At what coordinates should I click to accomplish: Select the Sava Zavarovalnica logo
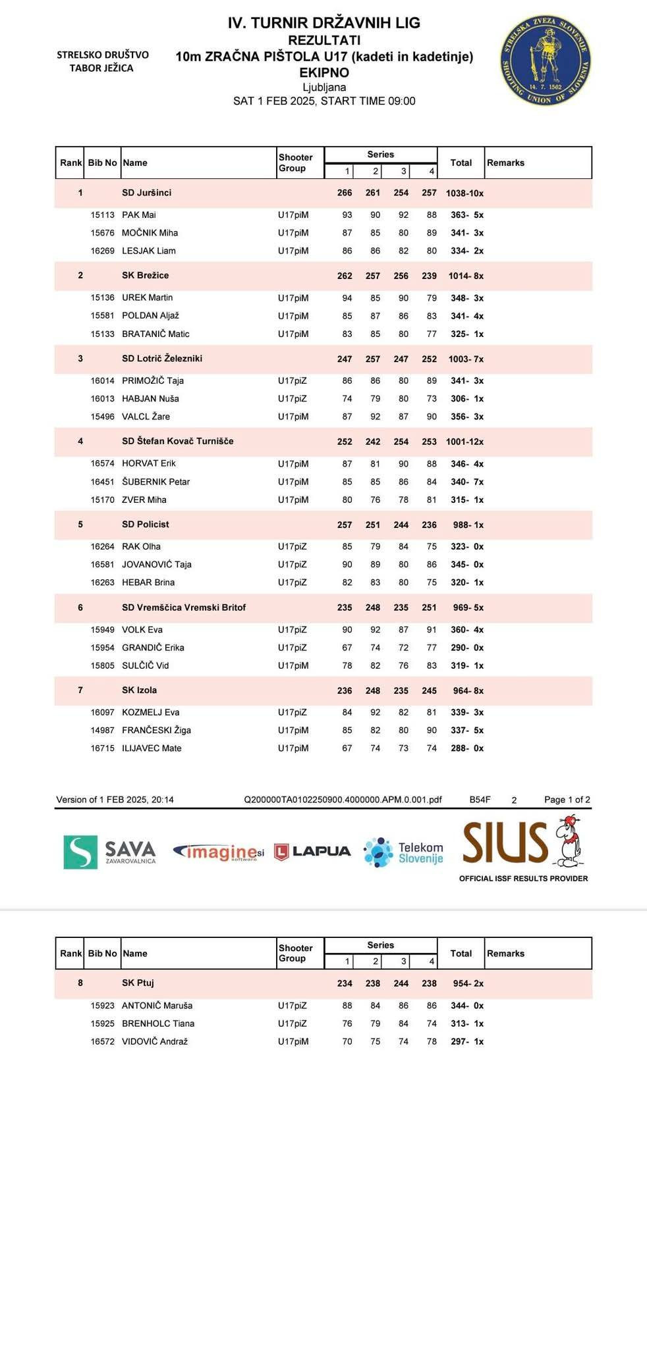[x=110, y=852]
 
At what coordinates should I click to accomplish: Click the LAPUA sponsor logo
[x=312, y=852]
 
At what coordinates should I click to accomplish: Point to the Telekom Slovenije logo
[x=403, y=852]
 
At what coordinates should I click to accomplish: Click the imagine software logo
[x=218, y=852]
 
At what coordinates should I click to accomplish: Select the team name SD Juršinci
[x=146, y=193]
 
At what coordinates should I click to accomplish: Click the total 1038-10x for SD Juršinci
[x=464, y=194]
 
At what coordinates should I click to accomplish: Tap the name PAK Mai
[x=139, y=215]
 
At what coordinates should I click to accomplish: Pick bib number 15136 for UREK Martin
[x=102, y=298]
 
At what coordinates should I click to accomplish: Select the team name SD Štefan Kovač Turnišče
[x=177, y=441]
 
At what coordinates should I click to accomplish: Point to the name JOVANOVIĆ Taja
[x=157, y=565]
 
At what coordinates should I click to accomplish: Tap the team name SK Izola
[x=139, y=690]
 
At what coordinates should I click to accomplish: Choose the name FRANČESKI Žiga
[x=156, y=731]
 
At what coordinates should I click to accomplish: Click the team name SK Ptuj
[x=138, y=983]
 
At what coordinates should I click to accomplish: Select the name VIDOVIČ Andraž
[x=155, y=1042]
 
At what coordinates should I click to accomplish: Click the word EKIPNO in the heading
[x=324, y=73]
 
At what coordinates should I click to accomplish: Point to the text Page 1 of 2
[x=567, y=800]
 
